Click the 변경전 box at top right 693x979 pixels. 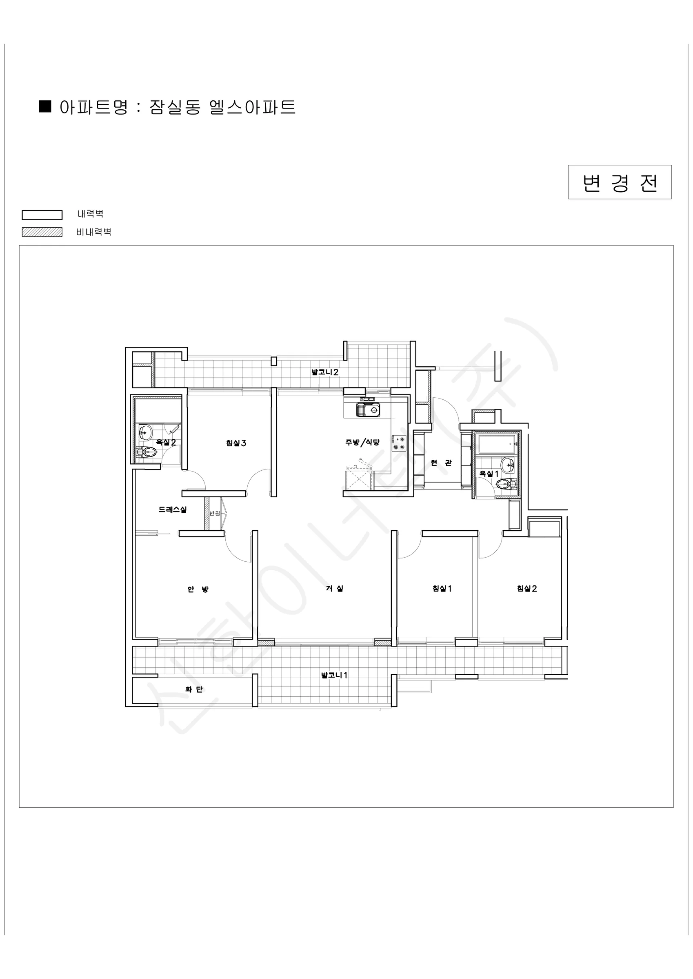(619, 182)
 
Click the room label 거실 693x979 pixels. (335, 589)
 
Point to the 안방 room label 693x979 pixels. (198, 589)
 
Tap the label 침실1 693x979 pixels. (442, 589)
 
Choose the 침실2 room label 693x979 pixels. (527, 589)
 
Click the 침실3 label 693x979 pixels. (236, 443)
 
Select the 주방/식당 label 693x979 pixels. (362, 442)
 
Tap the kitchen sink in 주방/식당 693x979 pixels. (368, 410)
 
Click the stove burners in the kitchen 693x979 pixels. (399, 443)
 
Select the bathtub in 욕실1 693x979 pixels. (498, 444)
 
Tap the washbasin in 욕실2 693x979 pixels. (145, 432)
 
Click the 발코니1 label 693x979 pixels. (335, 675)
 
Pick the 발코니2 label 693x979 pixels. (325, 372)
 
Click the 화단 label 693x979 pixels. (194, 689)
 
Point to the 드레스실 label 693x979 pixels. (173, 509)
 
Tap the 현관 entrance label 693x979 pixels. (441, 463)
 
